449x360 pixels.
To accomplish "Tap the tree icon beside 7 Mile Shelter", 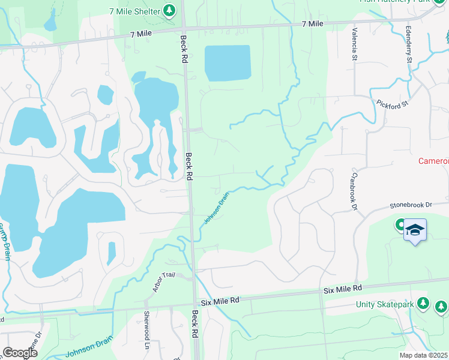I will [169, 10].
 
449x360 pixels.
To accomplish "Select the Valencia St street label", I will [355, 44].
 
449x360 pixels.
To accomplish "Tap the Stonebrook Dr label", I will [411, 205].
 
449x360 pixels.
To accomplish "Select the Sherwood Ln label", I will [146, 330].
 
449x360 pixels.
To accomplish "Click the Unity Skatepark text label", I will [385, 305].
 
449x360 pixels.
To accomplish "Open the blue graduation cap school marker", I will [415, 230].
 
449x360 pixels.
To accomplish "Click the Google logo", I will [19, 353].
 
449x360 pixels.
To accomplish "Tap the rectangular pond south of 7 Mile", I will [228, 62].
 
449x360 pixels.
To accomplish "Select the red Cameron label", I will [433, 161].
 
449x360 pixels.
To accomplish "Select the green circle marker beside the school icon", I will [400, 226].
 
